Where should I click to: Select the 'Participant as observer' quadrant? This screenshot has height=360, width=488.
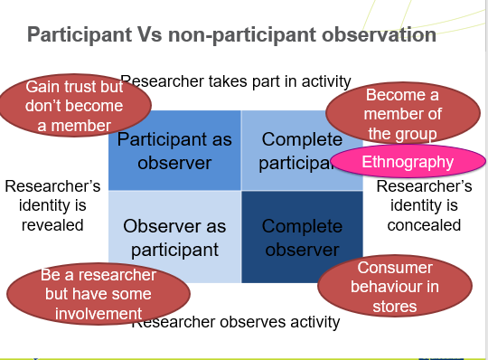click(x=174, y=150)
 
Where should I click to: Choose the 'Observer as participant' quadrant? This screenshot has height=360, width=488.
click(x=174, y=237)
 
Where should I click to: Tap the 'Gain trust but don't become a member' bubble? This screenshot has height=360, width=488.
click(x=74, y=106)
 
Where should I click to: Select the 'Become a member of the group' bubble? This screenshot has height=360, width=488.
click(x=401, y=114)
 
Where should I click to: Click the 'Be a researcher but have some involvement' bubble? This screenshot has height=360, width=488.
click(x=98, y=293)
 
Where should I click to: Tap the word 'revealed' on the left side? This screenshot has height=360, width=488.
click(x=52, y=225)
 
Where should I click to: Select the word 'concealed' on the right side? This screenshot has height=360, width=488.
click(x=424, y=225)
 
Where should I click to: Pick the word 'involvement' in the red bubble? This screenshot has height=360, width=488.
click(x=98, y=312)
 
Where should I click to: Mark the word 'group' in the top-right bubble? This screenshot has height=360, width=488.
click(x=416, y=134)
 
